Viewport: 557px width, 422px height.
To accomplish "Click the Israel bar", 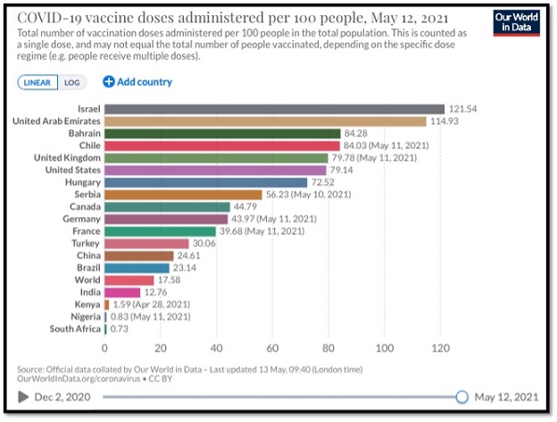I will tap(274, 109).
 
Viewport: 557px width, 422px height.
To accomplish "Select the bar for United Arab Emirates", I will tap(265, 121).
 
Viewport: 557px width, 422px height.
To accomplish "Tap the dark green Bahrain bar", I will tap(222, 133).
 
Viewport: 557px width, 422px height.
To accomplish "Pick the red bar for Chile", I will tap(222, 146).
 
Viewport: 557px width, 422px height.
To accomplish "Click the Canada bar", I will tap(167, 207).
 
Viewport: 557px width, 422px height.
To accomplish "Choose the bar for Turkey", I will tap(146, 243).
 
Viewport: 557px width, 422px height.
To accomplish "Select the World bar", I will tap(129, 280).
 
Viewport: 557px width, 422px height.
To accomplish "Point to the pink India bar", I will tap(122, 292).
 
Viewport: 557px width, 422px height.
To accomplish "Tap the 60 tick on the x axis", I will tap(273, 348).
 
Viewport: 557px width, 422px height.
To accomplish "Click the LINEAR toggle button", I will tap(37, 82).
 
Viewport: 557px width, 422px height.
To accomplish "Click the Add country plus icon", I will tap(109, 82).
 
